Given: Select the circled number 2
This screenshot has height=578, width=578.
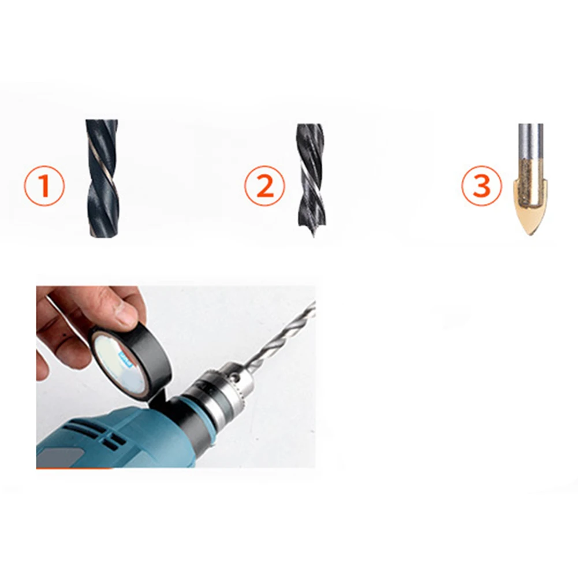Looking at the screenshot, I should (x=264, y=186).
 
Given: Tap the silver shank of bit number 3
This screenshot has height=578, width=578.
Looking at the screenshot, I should (x=530, y=144).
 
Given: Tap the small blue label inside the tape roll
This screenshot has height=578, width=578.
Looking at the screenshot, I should (x=124, y=359).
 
